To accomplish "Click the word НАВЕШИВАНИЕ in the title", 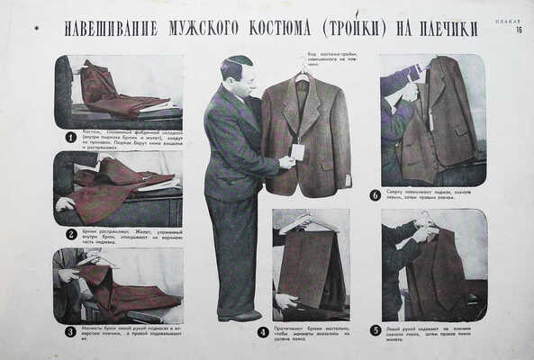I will click(109, 29).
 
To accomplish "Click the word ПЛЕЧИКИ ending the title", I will click(448, 29).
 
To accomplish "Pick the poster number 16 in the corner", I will click(519, 30).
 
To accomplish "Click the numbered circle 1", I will click(70, 138).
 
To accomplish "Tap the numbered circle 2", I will click(70, 234).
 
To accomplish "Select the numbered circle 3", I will click(70, 331).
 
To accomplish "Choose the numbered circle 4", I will click(263, 331).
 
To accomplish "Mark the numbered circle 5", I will click(375, 330).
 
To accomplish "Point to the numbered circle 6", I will click(375, 194).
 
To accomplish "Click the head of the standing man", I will click(237, 72).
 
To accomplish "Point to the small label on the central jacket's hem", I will click(348, 180).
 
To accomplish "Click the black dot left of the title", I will click(36, 29).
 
